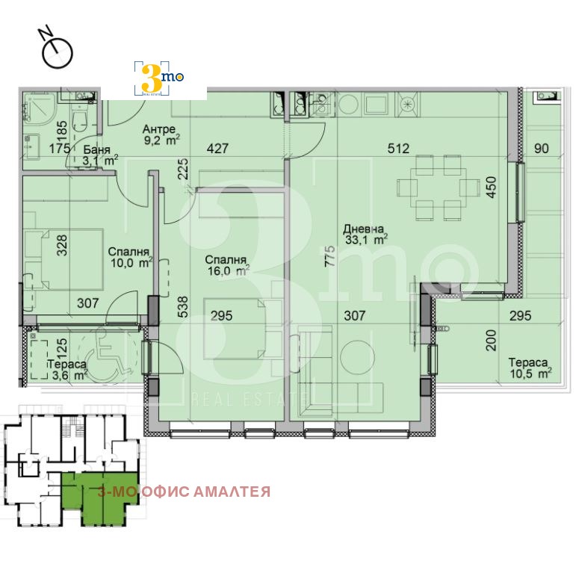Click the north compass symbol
pyautogui.click(x=58, y=52)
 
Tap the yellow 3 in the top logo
pyautogui.click(x=152, y=78)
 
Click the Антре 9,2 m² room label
pyautogui.click(x=161, y=134)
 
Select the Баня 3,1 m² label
pyautogui.click(x=100, y=155)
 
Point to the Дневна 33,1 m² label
pyautogui.click(x=365, y=235)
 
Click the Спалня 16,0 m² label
pyautogui.click(x=227, y=265)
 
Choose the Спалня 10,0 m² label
pyautogui.click(x=131, y=257)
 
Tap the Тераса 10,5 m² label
pyautogui.click(x=530, y=368)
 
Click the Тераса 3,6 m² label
pyautogui.click(x=67, y=370)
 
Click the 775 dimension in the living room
pyautogui.click(x=330, y=256)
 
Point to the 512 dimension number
pyautogui.click(x=398, y=149)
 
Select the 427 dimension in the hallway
pyautogui.click(x=218, y=149)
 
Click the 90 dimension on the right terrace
pyautogui.click(x=541, y=149)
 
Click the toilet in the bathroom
pyautogui.click(x=78, y=120)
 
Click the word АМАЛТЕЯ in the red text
pyautogui.click(x=232, y=492)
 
